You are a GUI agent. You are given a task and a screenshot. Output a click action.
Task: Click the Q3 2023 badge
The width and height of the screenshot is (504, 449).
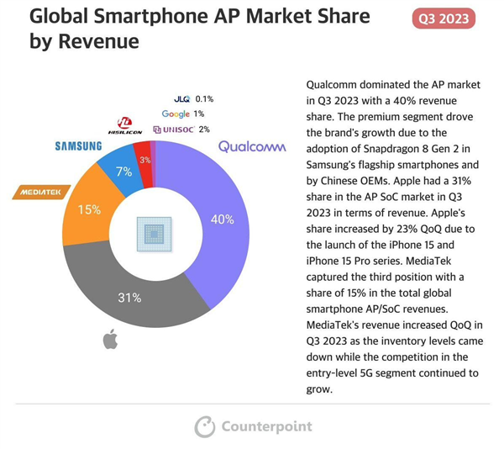(x=443, y=18)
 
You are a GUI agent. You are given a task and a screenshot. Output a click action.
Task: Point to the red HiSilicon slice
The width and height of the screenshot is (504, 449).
(x=144, y=159)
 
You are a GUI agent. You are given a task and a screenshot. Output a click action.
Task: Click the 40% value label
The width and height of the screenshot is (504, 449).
(x=222, y=219)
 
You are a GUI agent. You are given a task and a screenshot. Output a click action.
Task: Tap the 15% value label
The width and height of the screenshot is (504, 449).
(x=89, y=209)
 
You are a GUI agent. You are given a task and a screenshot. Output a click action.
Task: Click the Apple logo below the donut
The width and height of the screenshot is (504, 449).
(x=110, y=340)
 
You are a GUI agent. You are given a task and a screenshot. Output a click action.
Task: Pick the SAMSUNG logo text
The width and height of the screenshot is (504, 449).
(x=78, y=145)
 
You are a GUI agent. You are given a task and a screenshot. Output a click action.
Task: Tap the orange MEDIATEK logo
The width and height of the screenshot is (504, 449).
(x=41, y=193)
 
